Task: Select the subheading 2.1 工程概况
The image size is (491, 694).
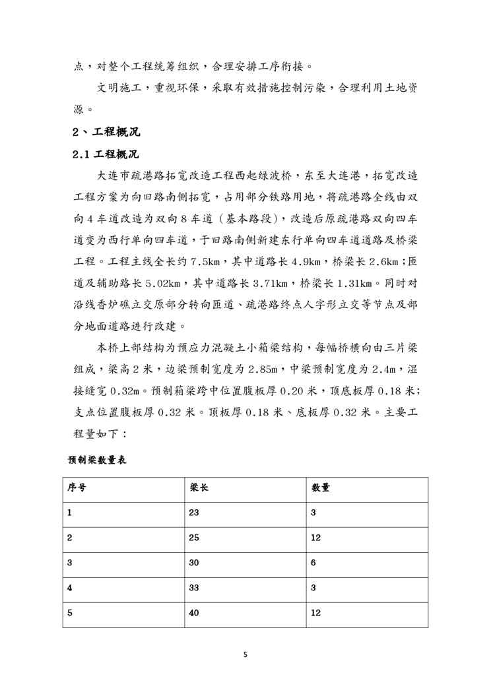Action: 106,154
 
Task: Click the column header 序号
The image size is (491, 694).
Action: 77,489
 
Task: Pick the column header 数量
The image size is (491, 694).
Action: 321,489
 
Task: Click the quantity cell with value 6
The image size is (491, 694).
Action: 313,564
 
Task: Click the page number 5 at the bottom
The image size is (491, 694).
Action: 245,655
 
